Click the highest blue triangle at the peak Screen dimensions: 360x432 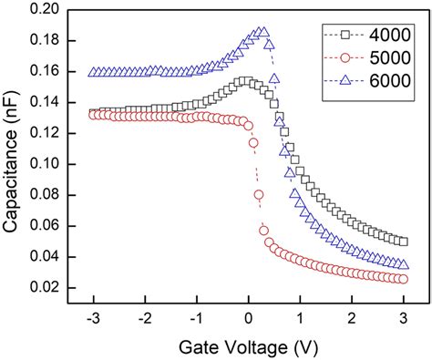[x=263, y=32]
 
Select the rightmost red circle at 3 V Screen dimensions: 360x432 [x=404, y=279]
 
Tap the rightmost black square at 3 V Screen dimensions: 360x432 [x=404, y=241]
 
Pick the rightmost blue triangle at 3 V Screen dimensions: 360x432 [x=404, y=264]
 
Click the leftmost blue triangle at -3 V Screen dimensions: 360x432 [x=93, y=72]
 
